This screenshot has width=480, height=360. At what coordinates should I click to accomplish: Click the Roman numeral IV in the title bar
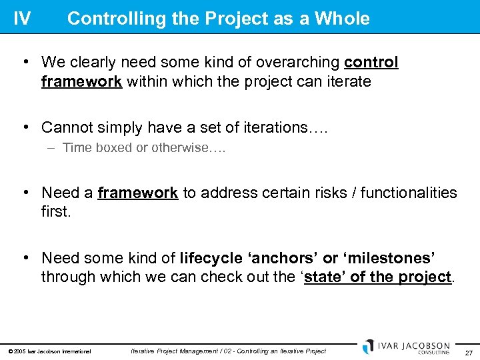pos(22,18)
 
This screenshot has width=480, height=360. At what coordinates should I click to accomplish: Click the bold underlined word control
pos(371,63)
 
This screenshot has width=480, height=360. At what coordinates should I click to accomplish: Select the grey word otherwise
pos(181,148)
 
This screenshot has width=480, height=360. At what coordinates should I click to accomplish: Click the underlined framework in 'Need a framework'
pos(137,193)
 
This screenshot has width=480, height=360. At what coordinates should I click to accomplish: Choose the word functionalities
pos(405,193)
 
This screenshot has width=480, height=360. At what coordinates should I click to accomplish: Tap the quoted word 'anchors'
pos(283,258)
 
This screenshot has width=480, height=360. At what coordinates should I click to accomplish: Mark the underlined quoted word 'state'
pos(325,277)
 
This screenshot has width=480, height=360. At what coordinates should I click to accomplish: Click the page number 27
pos(469,351)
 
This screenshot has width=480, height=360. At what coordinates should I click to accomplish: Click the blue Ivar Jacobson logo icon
pos(369,347)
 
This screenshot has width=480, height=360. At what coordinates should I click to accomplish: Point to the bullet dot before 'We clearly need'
pos(25,63)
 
